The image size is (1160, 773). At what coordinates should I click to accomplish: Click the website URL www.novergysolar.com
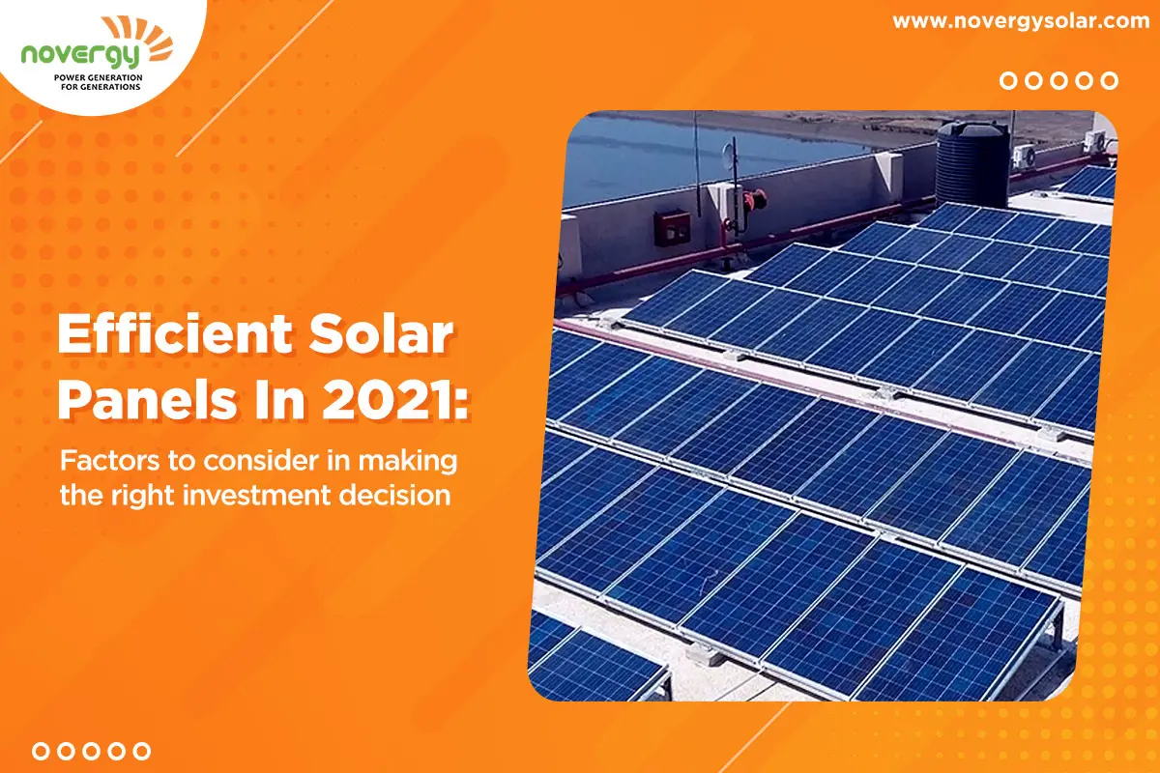point(1021,22)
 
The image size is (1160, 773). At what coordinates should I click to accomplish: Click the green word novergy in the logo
point(80,55)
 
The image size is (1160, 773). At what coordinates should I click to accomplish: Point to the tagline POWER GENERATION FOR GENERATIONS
point(99,82)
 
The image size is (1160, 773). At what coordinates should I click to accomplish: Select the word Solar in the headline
point(382,334)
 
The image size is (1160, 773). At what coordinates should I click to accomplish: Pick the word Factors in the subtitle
point(109,461)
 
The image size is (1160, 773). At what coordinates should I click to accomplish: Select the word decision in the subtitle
point(394,495)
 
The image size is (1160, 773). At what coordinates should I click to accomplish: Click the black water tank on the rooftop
point(972,164)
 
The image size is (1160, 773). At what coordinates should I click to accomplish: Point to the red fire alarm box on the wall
point(672,228)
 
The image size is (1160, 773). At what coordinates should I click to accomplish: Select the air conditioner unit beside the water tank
point(1025,156)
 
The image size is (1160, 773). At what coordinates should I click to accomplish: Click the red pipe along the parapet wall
point(808,228)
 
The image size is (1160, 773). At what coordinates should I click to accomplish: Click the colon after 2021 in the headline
point(462,404)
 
